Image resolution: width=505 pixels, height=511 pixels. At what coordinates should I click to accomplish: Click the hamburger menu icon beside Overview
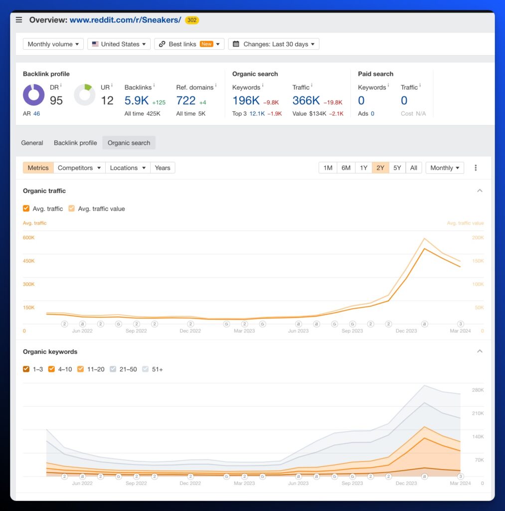pos(19,20)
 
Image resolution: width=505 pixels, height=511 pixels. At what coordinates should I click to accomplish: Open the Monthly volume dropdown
pos(53,44)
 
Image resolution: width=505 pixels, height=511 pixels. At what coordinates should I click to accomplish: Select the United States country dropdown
pos(119,44)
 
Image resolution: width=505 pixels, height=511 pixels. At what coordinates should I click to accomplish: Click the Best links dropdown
pos(189,44)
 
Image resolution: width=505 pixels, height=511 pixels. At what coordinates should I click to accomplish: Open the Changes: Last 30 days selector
pos(274,44)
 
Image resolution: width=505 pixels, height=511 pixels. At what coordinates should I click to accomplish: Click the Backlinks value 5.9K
pos(137,100)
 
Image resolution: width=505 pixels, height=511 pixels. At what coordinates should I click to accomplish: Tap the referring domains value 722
pos(186,100)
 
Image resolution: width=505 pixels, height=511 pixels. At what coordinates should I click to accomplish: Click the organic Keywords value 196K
pos(246,100)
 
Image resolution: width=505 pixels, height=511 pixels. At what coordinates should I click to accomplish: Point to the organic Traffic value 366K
pos(306,100)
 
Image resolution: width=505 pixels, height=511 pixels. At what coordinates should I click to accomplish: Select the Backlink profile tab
pos(75,143)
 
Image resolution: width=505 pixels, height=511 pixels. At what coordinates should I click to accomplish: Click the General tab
pos(32,143)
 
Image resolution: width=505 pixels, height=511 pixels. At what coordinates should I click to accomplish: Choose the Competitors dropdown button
pos(79,168)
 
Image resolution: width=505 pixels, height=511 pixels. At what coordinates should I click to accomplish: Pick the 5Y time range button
pos(397,168)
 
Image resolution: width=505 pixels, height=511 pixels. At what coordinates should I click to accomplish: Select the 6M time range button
pos(346,168)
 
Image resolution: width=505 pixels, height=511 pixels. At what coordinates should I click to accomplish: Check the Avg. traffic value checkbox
pos(72,209)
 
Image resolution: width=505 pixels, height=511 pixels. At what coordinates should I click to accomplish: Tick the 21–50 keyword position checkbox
pos(113,369)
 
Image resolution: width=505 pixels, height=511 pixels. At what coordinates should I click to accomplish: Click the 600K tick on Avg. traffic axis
pos(28,238)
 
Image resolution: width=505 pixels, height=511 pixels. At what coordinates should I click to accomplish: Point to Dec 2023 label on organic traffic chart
pos(406,331)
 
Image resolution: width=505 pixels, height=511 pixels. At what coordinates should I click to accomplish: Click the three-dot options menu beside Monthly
pos(476,168)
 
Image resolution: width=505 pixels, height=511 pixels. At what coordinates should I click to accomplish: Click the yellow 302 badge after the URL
pos(192,20)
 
